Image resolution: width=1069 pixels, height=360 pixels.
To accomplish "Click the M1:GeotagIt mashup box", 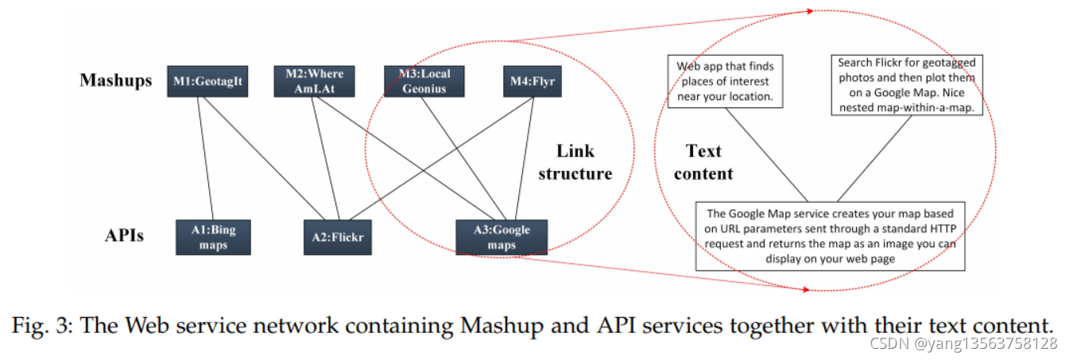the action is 207,82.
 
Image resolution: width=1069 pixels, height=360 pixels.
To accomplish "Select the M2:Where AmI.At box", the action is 315,82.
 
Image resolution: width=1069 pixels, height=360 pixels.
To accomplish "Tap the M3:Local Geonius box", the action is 424,82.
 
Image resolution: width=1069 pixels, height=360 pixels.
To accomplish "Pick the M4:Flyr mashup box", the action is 533,82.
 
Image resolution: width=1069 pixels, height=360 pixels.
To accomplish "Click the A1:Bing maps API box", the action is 213,238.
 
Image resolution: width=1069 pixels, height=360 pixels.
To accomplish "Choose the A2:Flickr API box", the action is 338,238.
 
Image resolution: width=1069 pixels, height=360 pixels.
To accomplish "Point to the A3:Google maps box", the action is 502,238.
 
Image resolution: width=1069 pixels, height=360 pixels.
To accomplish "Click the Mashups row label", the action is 116,80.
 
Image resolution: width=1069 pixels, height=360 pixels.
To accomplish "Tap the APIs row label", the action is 125,235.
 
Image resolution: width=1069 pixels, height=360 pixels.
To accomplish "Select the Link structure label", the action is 575,162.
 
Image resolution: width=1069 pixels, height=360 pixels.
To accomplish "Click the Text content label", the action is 704,162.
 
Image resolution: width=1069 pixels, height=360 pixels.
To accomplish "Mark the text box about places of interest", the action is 726,82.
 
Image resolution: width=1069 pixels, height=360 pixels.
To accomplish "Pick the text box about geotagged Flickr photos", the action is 907,86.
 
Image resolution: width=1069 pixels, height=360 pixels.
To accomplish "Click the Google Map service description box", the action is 831,236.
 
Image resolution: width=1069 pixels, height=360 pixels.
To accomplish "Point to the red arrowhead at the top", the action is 810,11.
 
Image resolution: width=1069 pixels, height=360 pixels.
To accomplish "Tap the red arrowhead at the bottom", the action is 807,289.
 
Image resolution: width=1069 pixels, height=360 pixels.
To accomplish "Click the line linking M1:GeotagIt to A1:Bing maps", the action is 206,158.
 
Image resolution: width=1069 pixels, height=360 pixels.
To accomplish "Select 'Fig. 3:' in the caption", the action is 42,326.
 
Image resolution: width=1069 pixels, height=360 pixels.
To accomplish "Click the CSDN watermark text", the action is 963,344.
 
